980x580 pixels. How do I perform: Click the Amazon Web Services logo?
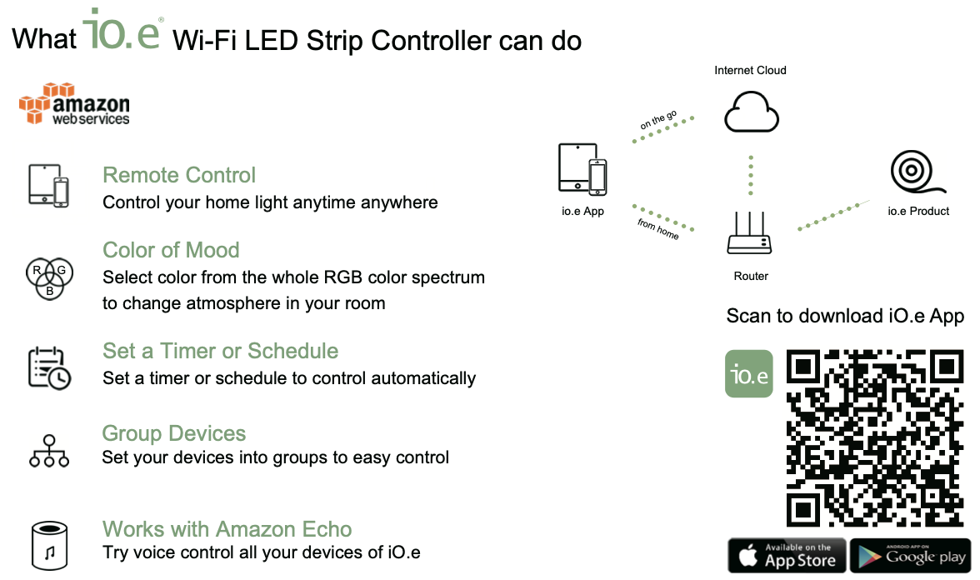pyautogui.click(x=74, y=103)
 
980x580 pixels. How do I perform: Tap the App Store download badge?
pyautogui.click(x=787, y=555)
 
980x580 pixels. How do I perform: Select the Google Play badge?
pyautogui.click(x=911, y=555)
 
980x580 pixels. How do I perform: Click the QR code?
pyautogui.click(x=874, y=437)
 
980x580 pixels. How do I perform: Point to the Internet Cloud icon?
pyautogui.click(x=752, y=112)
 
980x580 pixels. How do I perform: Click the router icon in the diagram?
pyautogui.click(x=749, y=232)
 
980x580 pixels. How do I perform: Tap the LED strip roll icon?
pyautogui.click(x=917, y=172)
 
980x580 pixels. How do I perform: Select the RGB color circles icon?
pyautogui.click(x=49, y=278)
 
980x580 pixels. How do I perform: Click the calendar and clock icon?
pyautogui.click(x=49, y=368)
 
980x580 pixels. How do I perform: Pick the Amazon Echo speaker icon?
pyautogui.click(x=49, y=546)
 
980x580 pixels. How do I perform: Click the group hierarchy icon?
pyautogui.click(x=48, y=452)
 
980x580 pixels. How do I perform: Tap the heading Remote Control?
pyautogui.click(x=179, y=175)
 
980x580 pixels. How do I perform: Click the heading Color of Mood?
pyautogui.click(x=172, y=250)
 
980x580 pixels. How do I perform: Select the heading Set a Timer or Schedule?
pyautogui.click(x=221, y=351)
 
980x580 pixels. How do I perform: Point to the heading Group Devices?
pyautogui.click(x=174, y=433)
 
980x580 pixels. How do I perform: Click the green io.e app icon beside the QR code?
pyautogui.click(x=748, y=373)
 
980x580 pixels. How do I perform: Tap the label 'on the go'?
pyautogui.click(x=658, y=119)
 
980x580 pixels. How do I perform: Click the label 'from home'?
pyautogui.click(x=658, y=228)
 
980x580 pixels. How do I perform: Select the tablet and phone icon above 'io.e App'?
pyautogui.click(x=582, y=169)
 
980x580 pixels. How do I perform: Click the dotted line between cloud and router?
pyautogui.click(x=751, y=175)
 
